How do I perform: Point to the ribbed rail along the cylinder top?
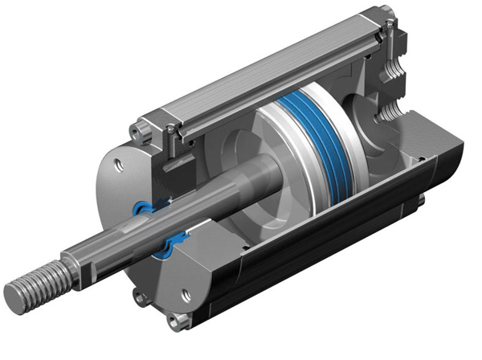coord(273,76)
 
